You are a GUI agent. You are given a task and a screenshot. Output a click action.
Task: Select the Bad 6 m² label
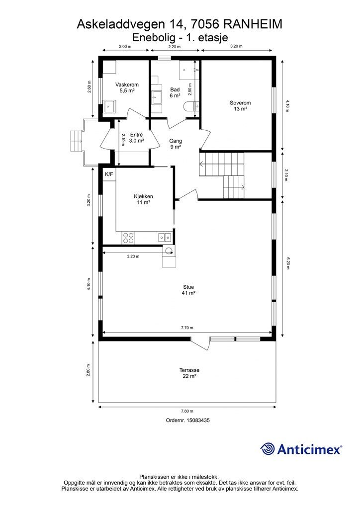click(175, 92)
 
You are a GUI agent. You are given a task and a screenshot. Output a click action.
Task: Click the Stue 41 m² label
click(188, 290)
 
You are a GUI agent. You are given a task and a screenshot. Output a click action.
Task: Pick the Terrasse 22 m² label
click(189, 373)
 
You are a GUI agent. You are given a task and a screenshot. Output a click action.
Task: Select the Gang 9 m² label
click(176, 144)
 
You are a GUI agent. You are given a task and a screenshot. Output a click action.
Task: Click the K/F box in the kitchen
click(109, 174)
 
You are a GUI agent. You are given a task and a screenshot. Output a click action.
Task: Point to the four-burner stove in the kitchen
click(129, 238)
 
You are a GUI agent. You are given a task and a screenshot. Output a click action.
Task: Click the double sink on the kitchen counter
click(165, 237)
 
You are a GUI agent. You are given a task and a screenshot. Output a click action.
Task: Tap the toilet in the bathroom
click(192, 106)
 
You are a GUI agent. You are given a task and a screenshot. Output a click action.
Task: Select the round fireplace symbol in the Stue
click(168, 250)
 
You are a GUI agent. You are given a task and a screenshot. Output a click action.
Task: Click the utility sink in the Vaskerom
click(109, 106)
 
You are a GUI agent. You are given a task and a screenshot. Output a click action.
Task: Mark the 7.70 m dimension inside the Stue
click(187, 328)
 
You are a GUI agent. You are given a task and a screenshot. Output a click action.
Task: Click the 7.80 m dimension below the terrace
click(187, 411)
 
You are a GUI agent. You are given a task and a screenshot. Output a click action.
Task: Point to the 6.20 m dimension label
click(287, 263)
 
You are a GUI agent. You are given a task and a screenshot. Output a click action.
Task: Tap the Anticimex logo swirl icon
click(268, 449)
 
